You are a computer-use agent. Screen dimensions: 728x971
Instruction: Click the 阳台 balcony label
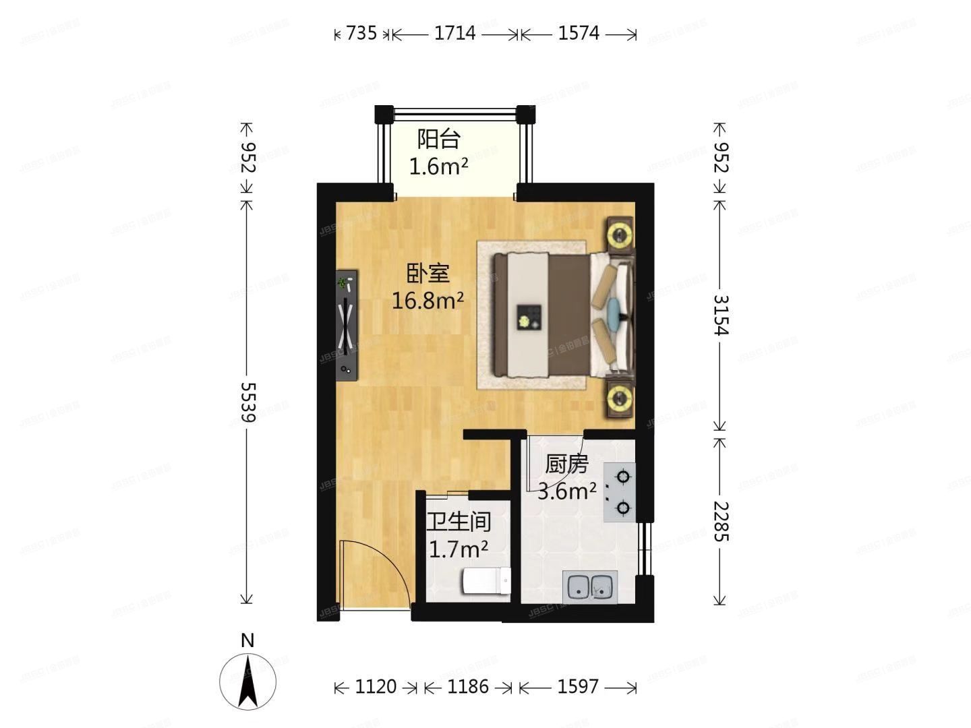point(438,140)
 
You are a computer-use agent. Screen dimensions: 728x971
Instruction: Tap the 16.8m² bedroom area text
point(428,300)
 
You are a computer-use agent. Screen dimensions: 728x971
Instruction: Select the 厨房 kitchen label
point(566,464)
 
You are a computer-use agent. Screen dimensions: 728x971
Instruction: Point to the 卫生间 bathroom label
point(459,522)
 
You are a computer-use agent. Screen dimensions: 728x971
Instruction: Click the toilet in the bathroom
point(486,581)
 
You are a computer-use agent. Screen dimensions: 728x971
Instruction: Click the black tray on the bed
point(529,317)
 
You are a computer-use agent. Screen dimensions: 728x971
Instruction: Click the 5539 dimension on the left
point(247,402)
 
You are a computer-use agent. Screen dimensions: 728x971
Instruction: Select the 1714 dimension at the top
point(454,33)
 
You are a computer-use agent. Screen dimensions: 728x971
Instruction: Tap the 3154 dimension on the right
point(720,315)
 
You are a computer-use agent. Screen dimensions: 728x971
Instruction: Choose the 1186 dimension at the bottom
point(468,687)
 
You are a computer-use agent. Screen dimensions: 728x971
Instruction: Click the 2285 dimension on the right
point(720,521)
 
